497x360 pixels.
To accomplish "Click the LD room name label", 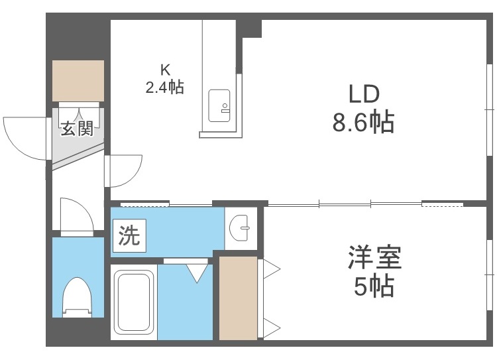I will (363, 94).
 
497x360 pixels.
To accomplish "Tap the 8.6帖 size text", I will (363, 123).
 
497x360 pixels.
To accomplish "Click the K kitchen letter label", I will (164, 68).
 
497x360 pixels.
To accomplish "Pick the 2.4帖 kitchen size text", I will (164, 86).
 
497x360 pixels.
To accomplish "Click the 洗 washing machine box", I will (129, 236).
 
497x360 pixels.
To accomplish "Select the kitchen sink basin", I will (219, 106).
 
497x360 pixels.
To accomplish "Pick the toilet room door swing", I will (76, 213).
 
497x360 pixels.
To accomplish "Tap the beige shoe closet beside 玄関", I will (78, 80).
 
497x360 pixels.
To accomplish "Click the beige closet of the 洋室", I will (238, 298).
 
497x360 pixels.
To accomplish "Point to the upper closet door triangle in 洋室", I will (271, 269).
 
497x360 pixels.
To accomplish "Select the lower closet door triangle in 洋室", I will (271, 326).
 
